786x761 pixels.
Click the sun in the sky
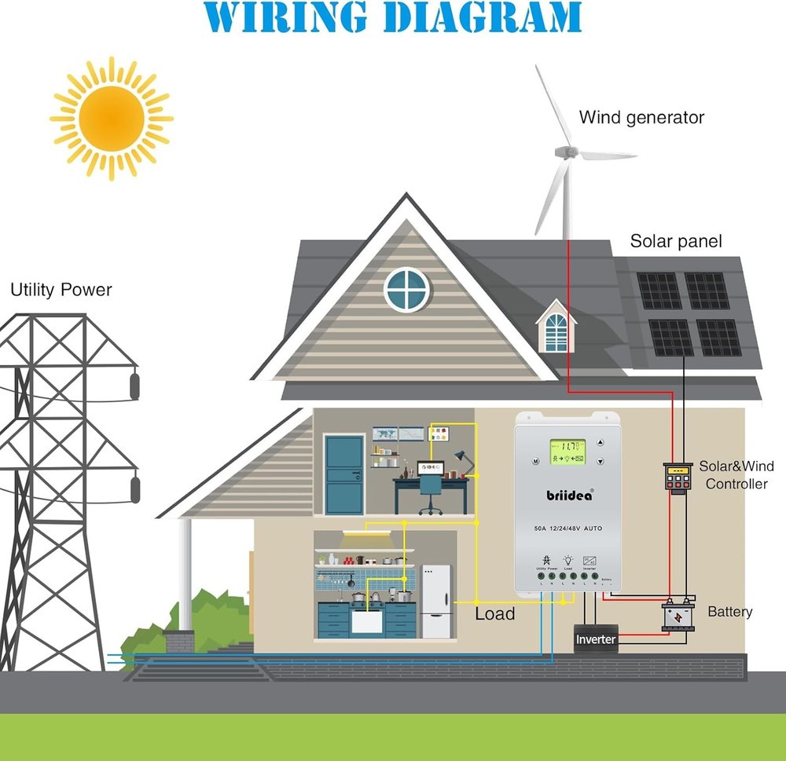pos(112,119)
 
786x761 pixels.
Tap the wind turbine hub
pos(564,151)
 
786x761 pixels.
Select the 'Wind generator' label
pos(641,118)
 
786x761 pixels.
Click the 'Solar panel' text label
pos(675,241)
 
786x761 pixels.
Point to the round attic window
pos(407,289)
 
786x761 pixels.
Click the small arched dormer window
pos(556,330)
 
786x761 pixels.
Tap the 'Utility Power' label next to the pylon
pos(61,290)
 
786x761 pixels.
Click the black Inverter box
pos(595,639)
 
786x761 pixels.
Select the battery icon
pos(678,617)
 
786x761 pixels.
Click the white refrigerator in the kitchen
pos(436,601)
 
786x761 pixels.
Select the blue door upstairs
pos(344,474)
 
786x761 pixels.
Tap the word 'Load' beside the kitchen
pos(494,614)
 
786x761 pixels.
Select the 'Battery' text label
pos(729,611)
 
